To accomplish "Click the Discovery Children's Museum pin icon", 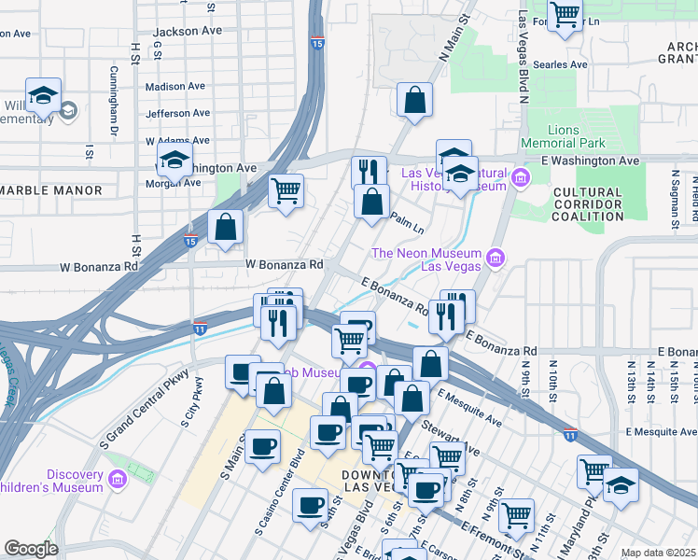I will (118, 480).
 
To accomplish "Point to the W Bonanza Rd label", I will (285, 264).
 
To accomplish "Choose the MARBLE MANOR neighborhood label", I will (50, 190).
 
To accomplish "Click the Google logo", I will (31, 549).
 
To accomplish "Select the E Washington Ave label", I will (590, 161).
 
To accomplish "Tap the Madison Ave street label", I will (175, 86).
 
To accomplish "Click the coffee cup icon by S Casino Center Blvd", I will (310, 505).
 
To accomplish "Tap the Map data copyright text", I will (658, 553).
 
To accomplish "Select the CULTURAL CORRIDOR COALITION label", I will (587, 203).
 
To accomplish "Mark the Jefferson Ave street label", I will (177, 114).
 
